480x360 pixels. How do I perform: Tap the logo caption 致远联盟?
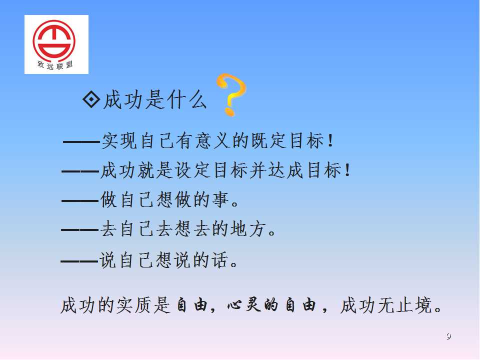(55, 65)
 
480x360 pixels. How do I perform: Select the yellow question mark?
(231, 94)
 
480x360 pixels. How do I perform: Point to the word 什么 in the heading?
(187, 100)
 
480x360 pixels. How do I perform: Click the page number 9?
(448, 336)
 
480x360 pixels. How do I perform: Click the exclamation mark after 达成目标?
(347, 170)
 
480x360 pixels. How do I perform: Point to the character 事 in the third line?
(220, 199)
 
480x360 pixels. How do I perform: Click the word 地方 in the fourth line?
(248, 229)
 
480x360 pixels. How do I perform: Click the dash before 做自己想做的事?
(80, 201)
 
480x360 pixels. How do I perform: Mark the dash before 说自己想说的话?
(79, 261)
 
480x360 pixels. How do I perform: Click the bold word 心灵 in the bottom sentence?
(244, 305)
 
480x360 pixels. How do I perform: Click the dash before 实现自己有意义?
(81, 142)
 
